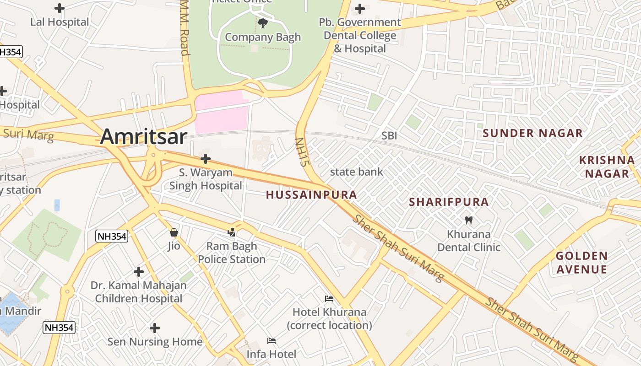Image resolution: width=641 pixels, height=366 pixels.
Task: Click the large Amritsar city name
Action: (144, 136)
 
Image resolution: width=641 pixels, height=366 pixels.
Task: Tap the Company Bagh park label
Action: (263, 37)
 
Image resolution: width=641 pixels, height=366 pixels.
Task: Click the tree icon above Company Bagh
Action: (263, 23)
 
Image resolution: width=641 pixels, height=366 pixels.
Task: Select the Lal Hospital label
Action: (60, 22)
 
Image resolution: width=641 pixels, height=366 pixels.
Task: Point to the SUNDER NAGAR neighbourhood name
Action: (532, 133)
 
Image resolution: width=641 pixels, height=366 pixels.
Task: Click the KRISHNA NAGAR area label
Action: (607, 167)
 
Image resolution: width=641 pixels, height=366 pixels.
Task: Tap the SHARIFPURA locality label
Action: (449, 202)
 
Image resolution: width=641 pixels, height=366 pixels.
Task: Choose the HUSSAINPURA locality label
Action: (311, 195)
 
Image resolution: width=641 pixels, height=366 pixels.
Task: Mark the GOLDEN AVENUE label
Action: (581, 263)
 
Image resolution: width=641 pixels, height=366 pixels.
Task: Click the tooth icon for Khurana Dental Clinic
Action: (468, 220)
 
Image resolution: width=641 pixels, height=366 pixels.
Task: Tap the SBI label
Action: (389, 136)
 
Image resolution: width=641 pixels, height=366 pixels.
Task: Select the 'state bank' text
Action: (356, 172)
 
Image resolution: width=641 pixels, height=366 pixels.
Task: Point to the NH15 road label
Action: (300, 152)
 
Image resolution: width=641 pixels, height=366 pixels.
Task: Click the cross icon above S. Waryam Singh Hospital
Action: (206, 159)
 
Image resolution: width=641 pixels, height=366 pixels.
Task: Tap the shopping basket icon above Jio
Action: (174, 232)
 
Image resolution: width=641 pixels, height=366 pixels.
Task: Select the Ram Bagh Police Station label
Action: (232, 253)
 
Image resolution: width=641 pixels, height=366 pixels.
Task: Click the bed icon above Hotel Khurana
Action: (329, 299)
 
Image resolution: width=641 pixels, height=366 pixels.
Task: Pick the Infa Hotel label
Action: (272, 354)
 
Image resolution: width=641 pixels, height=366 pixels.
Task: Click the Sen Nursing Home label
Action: (155, 342)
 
